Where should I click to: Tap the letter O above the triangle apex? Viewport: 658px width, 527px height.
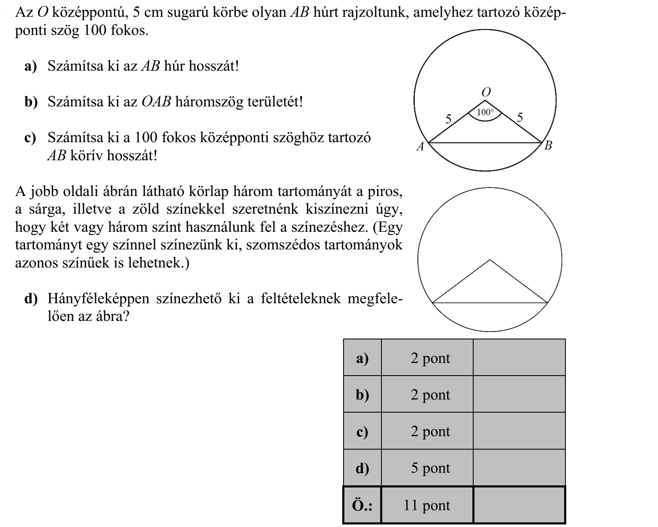[x=486, y=92]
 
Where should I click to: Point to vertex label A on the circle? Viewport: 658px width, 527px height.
[x=420, y=146]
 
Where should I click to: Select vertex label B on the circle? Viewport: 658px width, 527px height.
[x=548, y=146]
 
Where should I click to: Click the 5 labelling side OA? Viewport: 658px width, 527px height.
[x=449, y=119]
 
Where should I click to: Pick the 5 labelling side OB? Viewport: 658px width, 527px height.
[x=520, y=117]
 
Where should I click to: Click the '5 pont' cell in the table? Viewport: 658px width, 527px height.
[x=430, y=468]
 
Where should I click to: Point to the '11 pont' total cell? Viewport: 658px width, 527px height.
[x=427, y=505]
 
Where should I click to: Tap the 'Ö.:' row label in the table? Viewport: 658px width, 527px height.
[x=362, y=505]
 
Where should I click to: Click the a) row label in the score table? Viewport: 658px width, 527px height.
[x=362, y=358]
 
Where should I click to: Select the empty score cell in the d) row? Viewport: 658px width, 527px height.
[x=519, y=468]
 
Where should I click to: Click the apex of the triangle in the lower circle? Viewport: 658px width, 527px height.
[x=490, y=260]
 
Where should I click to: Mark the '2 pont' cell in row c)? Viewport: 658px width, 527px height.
[x=430, y=431]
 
